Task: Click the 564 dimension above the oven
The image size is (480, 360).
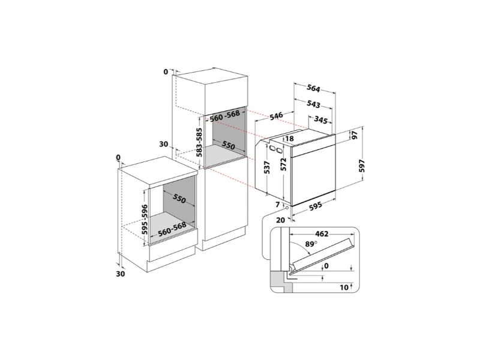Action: click(313, 89)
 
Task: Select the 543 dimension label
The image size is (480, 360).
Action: click(313, 104)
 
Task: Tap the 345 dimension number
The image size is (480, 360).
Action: click(321, 119)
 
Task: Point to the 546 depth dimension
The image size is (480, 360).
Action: click(276, 116)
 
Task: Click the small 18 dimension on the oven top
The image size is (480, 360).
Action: click(289, 139)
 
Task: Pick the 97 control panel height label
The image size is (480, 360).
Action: click(355, 135)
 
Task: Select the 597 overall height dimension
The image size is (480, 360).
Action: click(362, 166)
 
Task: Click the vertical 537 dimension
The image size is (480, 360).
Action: click(267, 167)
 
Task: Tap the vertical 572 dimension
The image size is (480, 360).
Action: click(283, 164)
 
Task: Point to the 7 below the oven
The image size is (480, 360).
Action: click(278, 205)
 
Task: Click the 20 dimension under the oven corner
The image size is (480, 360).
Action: click(280, 220)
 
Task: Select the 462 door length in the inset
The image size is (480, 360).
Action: click(322, 234)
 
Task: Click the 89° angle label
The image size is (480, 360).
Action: click(311, 244)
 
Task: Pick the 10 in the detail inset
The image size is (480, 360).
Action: click(344, 287)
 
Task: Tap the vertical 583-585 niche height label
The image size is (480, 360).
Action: click(199, 142)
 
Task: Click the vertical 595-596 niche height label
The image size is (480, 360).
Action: click(145, 219)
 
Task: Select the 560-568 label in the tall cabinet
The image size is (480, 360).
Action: click(224, 115)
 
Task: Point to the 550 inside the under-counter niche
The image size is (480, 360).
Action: click(179, 199)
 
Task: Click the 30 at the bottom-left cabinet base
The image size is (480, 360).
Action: click(121, 274)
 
